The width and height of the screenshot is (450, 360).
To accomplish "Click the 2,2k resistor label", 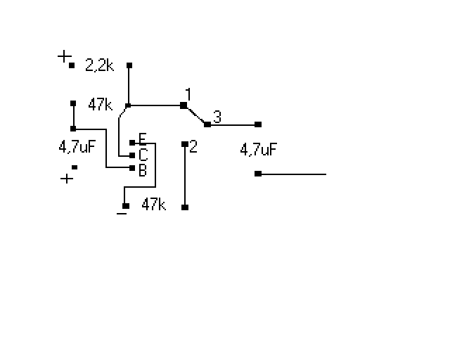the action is [100, 65].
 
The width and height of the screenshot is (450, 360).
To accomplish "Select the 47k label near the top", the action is [100, 104].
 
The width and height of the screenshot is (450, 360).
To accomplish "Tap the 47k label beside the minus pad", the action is [154, 205].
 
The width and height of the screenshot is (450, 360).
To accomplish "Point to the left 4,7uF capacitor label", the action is [77, 146].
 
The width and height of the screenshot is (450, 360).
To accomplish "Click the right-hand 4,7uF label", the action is [258, 149].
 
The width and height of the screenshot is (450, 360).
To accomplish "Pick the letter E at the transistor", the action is [143, 139].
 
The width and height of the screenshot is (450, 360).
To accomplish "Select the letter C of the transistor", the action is [143, 155].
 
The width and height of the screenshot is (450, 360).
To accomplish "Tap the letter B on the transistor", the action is [143, 170].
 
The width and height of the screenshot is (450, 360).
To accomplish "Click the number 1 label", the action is [188, 94].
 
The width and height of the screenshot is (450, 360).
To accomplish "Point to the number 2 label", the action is [193, 146].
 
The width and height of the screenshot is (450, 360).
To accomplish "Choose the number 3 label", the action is [217, 117].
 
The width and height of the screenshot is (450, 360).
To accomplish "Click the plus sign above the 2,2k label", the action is [64, 56].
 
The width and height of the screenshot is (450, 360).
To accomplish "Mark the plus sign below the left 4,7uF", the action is [67, 179].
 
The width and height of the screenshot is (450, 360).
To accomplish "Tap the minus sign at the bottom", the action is [122, 214].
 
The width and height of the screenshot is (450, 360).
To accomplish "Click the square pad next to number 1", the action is [184, 105].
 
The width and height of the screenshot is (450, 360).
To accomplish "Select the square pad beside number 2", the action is [185, 144].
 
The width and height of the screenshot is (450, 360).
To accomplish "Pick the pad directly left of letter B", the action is [132, 168].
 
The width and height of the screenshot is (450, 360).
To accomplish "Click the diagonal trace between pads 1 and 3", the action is [195, 115].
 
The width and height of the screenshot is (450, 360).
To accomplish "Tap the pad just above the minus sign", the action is [126, 206].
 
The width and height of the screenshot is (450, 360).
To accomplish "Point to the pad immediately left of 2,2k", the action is [72, 65].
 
